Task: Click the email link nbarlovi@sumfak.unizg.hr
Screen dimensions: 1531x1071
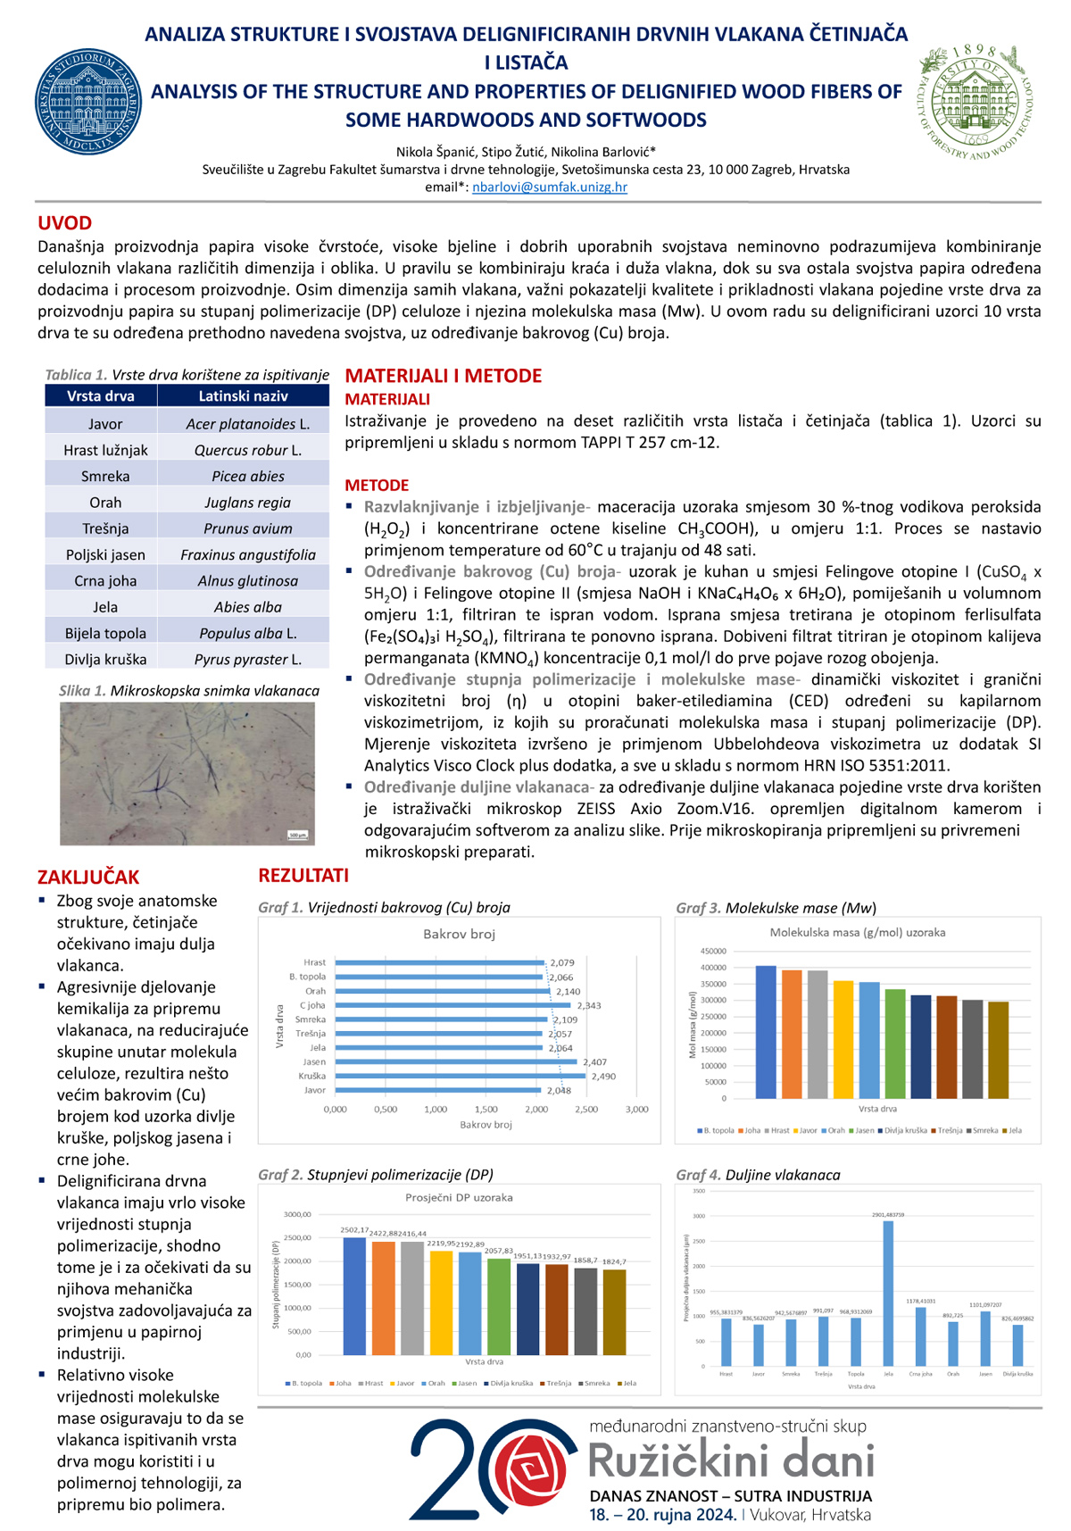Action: (x=550, y=187)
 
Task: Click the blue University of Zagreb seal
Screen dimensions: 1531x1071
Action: (x=87, y=102)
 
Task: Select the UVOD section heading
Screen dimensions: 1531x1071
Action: (x=64, y=223)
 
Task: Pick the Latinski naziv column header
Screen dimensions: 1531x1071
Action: (x=243, y=396)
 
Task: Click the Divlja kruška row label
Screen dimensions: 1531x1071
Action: (x=105, y=660)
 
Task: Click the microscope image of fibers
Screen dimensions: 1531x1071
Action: (x=187, y=773)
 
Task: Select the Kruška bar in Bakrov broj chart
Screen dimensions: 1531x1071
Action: (x=460, y=1077)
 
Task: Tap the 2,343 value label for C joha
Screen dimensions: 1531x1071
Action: (x=588, y=1005)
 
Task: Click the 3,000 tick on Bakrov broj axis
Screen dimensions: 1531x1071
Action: (x=636, y=1109)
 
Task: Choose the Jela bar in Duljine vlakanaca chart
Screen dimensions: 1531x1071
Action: (x=888, y=1293)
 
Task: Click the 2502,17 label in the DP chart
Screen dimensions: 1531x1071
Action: (x=354, y=1230)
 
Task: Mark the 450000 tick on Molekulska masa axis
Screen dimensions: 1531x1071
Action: (x=713, y=952)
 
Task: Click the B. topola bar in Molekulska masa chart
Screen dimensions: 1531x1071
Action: (x=766, y=1032)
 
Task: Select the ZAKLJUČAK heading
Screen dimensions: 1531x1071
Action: (x=88, y=878)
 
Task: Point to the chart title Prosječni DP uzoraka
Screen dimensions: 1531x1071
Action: (x=459, y=1197)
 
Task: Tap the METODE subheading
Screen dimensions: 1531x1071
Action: (x=377, y=486)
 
